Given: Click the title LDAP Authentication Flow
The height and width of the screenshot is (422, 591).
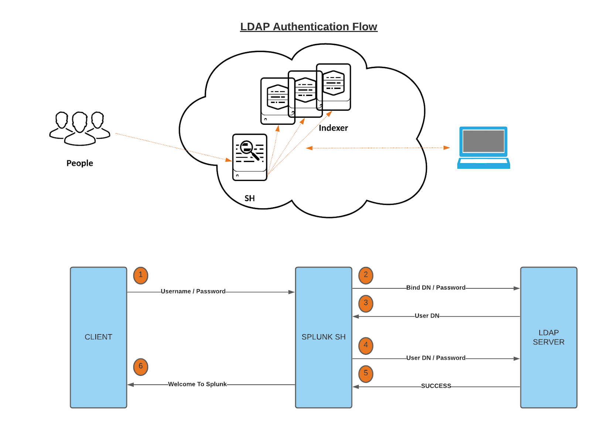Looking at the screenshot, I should tap(308, 27).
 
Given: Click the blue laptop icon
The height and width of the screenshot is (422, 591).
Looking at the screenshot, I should tap(484, 147).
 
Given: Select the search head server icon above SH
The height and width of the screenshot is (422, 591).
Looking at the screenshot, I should tap(250, 157).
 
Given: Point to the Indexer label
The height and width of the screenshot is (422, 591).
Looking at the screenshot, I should tap(333, 128).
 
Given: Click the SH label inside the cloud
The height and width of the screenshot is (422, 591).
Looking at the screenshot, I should tap(250, 198).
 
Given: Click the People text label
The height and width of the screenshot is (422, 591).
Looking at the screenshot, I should tap(80, 163).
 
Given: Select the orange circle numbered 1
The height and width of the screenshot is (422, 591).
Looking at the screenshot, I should tap(141, 275).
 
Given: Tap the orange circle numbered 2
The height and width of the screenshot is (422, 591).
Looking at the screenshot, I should tap(366, 275).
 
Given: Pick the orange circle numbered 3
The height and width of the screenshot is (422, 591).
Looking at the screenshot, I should tap(366, 303).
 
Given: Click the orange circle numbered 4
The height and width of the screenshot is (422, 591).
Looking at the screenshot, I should tap(366, 346).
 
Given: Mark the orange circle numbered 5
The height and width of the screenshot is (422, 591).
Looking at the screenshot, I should tap(366, 374).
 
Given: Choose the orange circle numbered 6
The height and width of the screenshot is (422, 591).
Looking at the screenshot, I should tap(141, 367).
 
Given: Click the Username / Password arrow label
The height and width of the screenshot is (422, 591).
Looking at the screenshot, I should tap(193, 291).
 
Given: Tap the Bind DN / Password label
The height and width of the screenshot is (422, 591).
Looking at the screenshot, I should tap(436, 288).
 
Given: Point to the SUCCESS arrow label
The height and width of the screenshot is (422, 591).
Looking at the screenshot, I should tap(436, 386).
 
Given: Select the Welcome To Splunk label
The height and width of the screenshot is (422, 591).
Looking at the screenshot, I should tap(197, 384).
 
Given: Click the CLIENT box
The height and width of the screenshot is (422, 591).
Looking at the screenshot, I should tap(99, 337).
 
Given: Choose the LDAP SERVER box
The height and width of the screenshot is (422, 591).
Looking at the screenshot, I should tap(549, 337).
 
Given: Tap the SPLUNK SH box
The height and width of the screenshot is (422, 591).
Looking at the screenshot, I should tap(324, 337).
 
